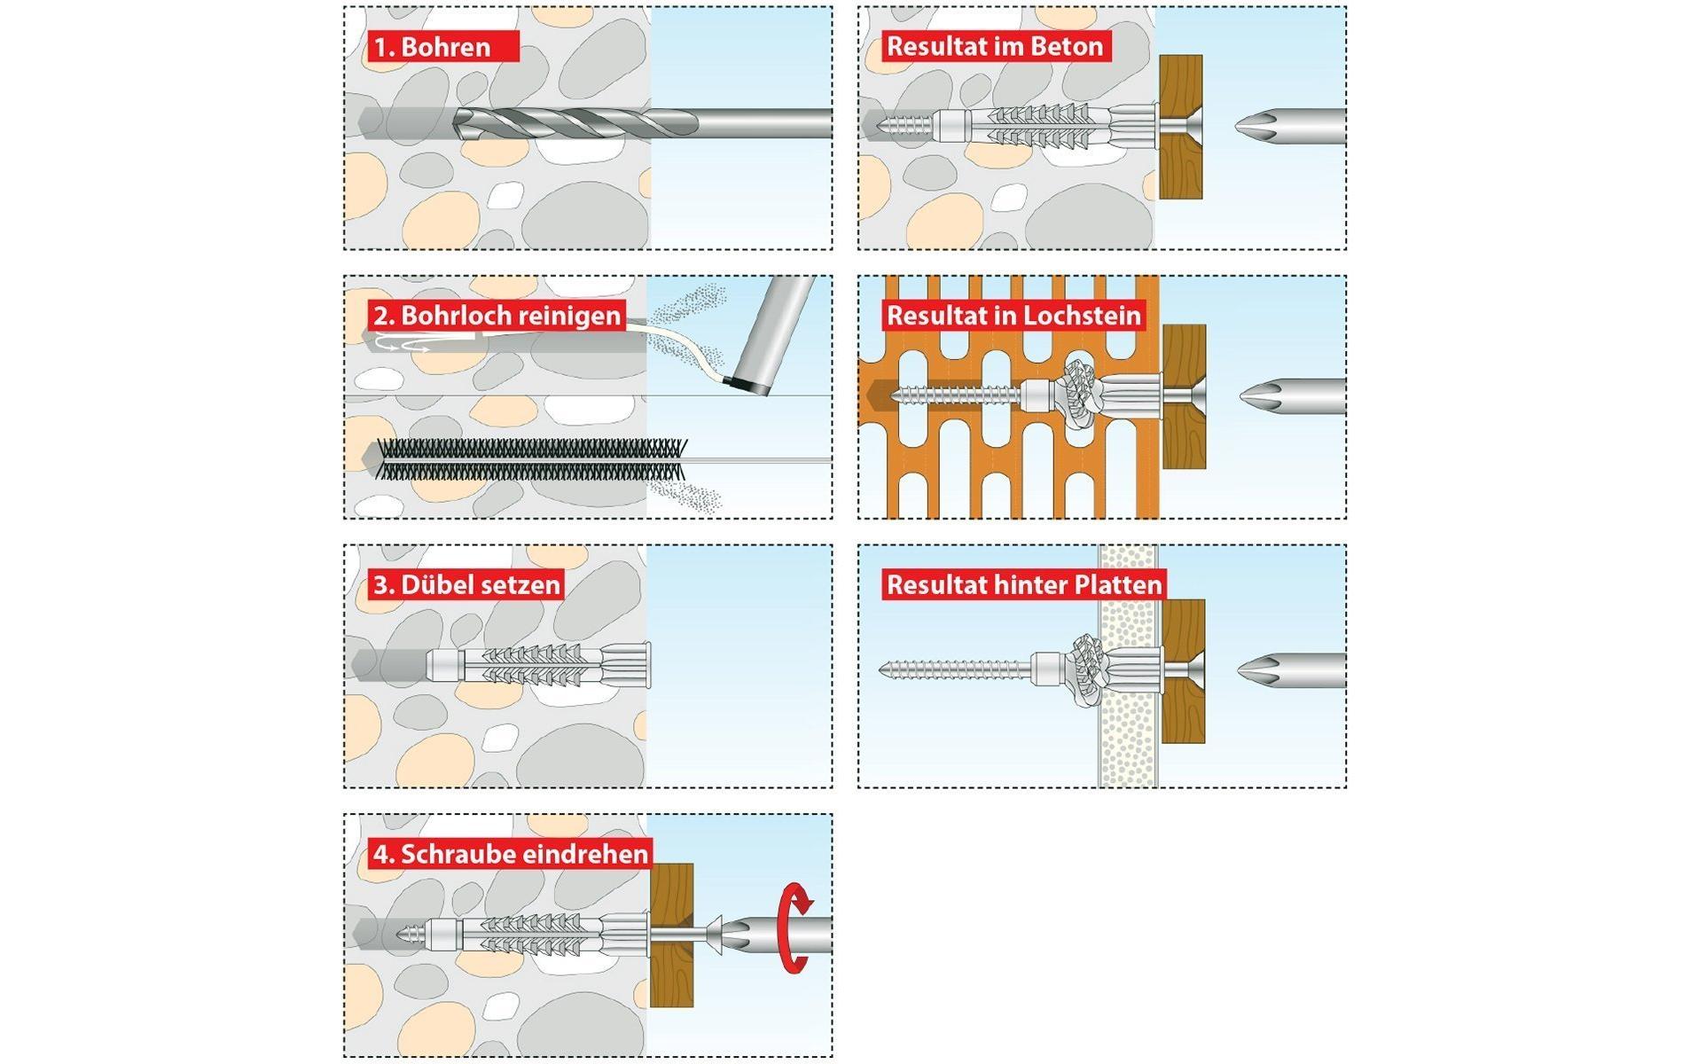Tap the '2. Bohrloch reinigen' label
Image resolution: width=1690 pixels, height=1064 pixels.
click(x=497, y=315)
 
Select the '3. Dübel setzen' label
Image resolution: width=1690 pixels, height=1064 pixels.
click(x=466, y=584)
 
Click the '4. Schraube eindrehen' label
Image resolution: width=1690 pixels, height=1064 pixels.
click(x=511, y=854)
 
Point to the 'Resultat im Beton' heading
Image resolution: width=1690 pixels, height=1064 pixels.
click(x=995, y=46)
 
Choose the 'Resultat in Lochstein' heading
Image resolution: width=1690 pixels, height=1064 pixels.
click(x=1013, y=315)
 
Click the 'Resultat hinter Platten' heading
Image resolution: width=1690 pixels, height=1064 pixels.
click(x=1023, y=584)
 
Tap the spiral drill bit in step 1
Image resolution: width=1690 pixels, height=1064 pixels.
click(x=567, y=122)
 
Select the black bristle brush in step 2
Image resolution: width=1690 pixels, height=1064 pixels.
click(x=532, y=459)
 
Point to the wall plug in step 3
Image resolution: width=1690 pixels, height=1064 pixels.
click(x=541, y=664)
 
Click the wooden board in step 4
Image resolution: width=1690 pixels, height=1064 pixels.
click(x=671, y=935)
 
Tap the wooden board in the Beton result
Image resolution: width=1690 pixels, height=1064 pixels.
click(x=1180, y=127)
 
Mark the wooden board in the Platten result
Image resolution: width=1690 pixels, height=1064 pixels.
click(x=1183, y=671)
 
